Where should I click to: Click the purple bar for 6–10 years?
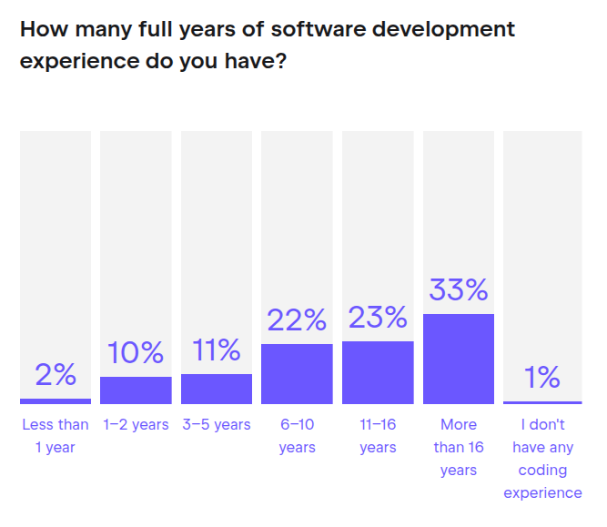pos(297,374)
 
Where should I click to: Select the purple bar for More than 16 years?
pos(459,359)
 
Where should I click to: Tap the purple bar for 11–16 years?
pos(378,372)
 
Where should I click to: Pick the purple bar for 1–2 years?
pos(136,390)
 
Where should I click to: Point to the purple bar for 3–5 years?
pos(217,389)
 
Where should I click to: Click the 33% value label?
pos(459,291)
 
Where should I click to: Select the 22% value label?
pos(297,320)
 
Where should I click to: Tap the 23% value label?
pos(378,318)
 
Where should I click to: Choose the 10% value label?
pos(136,353)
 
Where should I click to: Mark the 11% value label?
pos(217,350)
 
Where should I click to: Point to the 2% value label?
pos(56,375)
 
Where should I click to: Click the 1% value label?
pos(542,377)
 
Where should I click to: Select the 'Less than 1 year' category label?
pos(56,436)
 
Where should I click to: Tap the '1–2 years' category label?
pos(136,425)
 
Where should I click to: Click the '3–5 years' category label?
pos(217,425)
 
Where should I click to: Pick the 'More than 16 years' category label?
pos(459,447)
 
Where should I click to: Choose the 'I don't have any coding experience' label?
pos(542,459)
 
